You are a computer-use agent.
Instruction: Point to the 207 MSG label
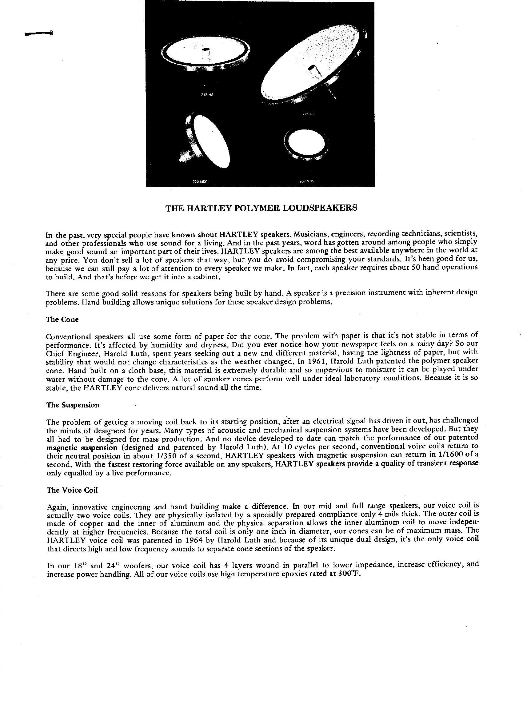[307, 181]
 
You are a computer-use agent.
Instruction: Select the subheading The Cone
[62, 320]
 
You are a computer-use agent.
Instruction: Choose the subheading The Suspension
[73, 405]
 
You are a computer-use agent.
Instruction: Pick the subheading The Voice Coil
[72, 490]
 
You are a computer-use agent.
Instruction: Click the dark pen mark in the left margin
[39, 33]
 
